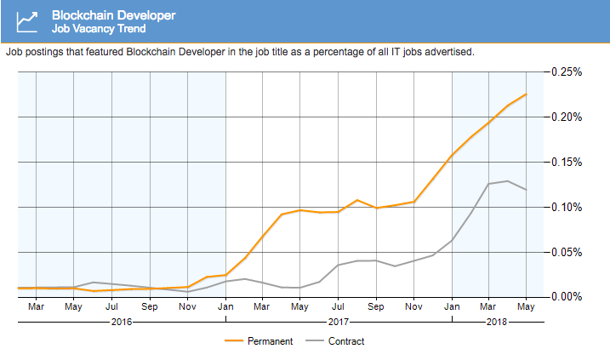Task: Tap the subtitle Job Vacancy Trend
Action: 98,28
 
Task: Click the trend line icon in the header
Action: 27,21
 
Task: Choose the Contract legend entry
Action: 346,341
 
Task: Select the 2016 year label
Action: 122,323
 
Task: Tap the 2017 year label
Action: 339,323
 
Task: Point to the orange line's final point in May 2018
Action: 526,94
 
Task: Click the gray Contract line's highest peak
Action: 507,180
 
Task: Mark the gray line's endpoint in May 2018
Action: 526,190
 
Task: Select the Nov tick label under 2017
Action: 413,306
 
